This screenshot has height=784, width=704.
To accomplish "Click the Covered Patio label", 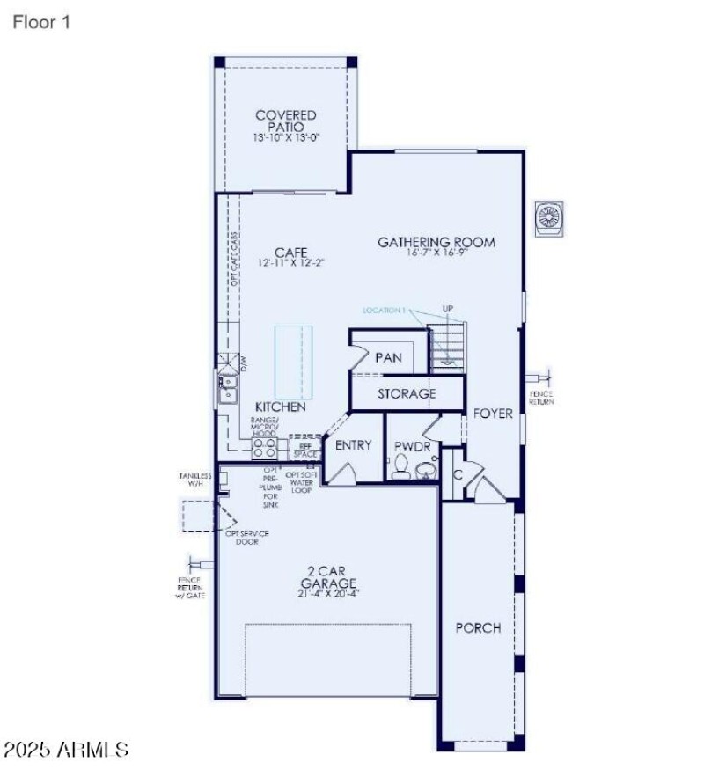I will tap(285, 121).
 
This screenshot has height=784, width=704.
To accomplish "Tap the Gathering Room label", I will tap(436, 242).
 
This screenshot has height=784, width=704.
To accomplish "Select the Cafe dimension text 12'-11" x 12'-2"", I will tap(291, 263).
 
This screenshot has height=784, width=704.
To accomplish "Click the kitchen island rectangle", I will tap(293, 362).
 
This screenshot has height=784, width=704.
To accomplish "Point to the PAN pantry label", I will tap(388, 357).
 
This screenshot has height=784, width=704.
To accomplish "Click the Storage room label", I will tap(407, 393).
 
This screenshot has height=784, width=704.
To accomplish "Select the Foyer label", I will tap(493, 414).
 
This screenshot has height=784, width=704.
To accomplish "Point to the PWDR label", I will tap(412, 446).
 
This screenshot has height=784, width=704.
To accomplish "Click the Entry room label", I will tap(353, 445).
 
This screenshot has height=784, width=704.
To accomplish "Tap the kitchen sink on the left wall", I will tap(227, 387).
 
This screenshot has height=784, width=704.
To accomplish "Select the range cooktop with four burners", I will tap(264, 449).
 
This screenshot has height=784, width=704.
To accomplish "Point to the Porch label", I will tap(478, 627).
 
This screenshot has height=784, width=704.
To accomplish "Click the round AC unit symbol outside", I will tap(550, 218).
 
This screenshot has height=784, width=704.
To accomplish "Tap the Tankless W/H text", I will tap(195, 480).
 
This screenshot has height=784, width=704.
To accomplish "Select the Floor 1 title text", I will tap(41, 22).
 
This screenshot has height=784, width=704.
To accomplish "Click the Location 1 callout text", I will tap(385, 311).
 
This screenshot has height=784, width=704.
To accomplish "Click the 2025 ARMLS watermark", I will tap(66, 750).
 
